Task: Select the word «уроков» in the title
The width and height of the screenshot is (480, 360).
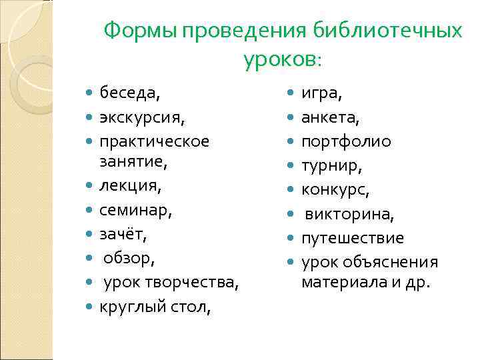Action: point(279,60)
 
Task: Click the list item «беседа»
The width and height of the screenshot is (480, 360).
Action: point(129,93)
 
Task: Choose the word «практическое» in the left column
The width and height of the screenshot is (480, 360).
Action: point(154,141)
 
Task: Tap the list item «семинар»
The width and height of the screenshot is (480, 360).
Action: point(135,211)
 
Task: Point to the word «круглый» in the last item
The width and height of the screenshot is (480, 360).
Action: point(129,307)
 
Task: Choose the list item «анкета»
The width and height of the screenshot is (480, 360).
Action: point(331,117)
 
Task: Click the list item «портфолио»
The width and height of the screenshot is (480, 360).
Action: point(346,141)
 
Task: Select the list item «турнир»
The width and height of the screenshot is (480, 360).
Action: point(331,165)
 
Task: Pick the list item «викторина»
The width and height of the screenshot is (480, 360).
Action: point(350,214)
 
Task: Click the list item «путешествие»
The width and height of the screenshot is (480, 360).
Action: point(353,238)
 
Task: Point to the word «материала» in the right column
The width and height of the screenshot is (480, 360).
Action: point(339,282)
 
